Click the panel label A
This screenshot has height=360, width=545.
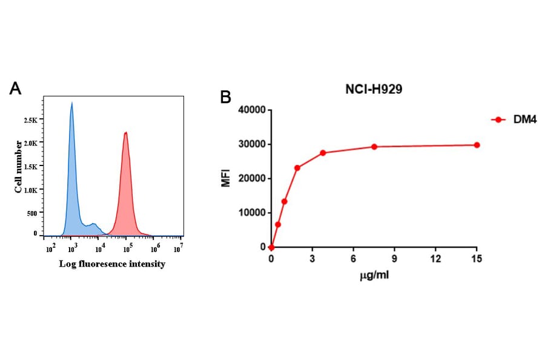(16, 88)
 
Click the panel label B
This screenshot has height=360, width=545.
(225, 96)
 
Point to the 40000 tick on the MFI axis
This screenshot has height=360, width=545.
(249, 110)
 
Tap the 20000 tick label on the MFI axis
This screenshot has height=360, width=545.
(249, 178)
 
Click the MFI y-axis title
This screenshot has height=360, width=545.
(226, 178)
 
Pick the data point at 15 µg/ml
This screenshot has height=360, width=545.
(477, 145)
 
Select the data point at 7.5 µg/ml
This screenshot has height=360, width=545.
(374, 147)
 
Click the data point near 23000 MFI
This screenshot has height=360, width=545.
(297, 168)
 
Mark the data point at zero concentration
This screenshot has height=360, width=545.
(271, 247)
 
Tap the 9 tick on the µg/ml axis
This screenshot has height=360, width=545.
(394, 259)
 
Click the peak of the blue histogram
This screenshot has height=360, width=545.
(71, 104)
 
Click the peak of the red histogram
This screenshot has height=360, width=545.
(125, 133)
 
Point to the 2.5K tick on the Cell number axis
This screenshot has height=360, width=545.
(30, 120)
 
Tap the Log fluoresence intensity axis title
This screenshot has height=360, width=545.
(112, 264)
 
